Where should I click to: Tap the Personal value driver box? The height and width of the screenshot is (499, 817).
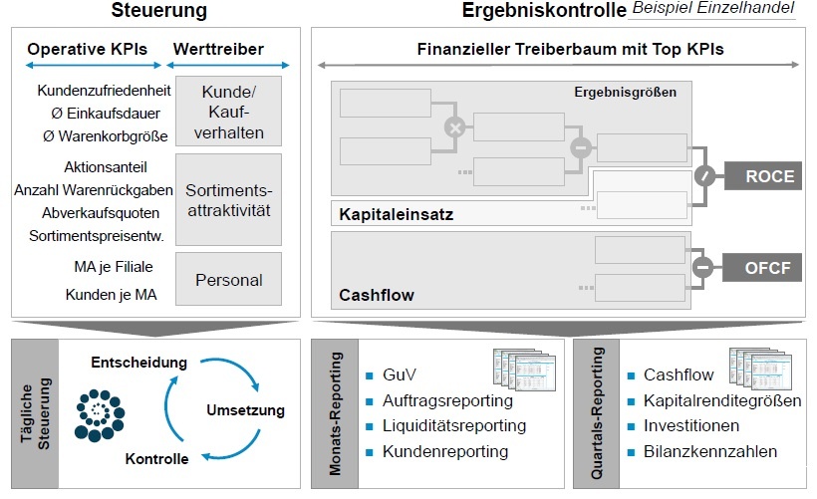coord(227,280)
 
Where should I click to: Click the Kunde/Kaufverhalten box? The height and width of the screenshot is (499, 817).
coord(227,112)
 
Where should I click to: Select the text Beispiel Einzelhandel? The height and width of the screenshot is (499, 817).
coord(713,9)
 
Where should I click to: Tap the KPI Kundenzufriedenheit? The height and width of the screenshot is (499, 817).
coord(105,91)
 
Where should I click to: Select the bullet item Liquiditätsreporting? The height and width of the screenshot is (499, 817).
coord(453,426)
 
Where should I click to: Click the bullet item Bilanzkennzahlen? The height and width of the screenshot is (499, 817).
coord(709,451)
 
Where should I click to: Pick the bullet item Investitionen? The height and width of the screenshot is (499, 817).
coord(691,426)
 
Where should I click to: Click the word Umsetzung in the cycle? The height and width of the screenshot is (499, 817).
coord(245,409)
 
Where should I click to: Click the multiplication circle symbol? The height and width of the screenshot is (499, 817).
coord(454,127)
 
